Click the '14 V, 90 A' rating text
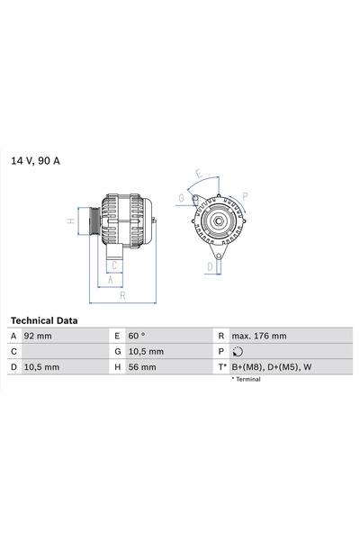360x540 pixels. [35, 161]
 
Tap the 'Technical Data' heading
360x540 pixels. [44, 320]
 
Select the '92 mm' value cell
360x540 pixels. [38, 336]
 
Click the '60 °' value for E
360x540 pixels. [137, 336]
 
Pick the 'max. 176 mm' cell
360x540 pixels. [259, 336]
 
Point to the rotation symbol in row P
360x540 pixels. [238, 352]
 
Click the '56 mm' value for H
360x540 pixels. [142, 367]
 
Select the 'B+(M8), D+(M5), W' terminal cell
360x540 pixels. [272, 367]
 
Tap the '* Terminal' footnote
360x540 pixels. [246, 379]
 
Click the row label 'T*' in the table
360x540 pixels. [222, 367]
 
